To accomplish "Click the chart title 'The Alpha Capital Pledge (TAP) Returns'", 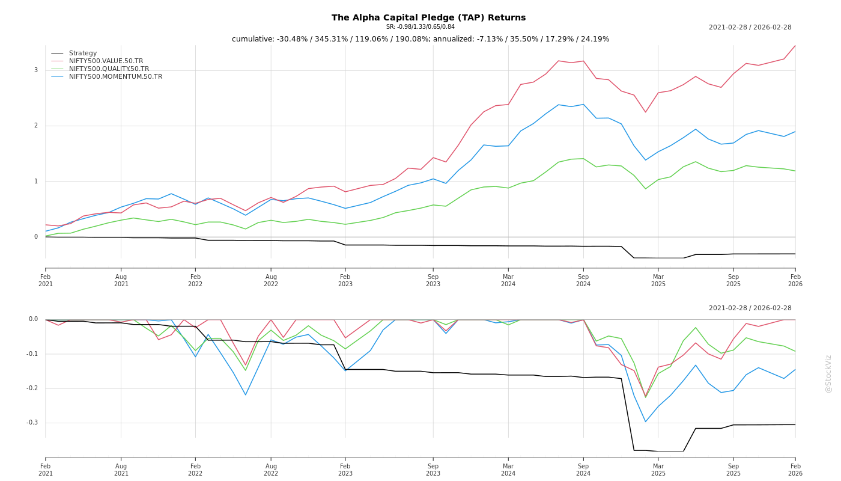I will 428,17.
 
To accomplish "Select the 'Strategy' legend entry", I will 82,54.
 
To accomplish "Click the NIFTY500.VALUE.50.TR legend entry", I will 106,61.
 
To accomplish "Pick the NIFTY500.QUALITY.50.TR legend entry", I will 109,69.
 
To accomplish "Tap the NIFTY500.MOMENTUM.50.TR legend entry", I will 115,77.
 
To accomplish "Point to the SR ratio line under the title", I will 420,27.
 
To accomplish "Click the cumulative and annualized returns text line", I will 421,39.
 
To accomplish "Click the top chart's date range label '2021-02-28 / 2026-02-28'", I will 750,28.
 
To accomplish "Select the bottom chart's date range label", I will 750,308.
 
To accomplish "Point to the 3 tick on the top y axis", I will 36,70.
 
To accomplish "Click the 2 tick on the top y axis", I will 36,126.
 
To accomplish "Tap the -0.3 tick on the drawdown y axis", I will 32,423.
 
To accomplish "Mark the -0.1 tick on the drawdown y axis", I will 32,354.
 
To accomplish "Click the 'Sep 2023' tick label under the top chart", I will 433,280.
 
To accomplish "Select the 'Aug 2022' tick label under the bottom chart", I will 271,470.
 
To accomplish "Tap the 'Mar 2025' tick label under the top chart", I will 658,280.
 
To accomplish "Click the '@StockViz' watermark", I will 828,373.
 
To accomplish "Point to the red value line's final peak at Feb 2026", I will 795,46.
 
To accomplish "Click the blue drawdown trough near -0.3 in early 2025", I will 646,421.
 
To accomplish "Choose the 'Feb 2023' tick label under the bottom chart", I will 345,470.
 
